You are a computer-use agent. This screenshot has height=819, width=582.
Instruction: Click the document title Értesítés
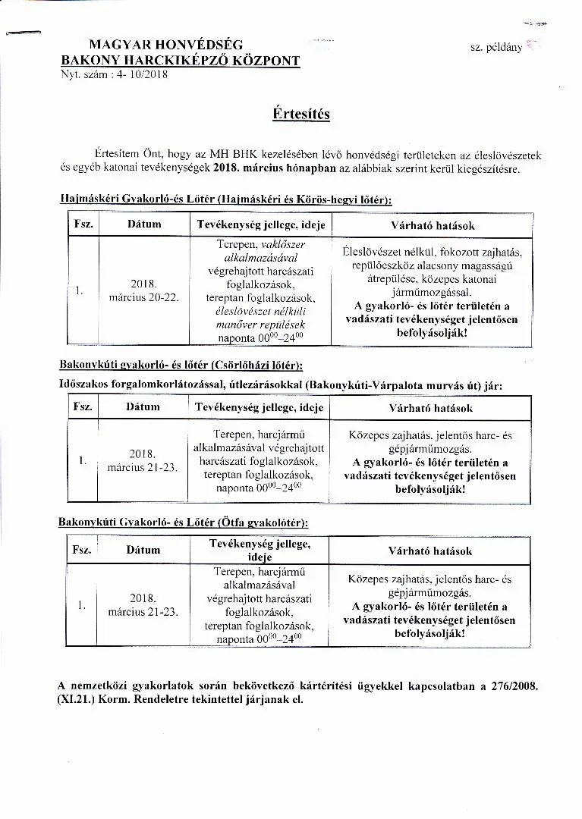click(x=300, y=114)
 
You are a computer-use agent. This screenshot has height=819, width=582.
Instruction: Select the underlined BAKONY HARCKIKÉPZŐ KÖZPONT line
click(x=181, y=61)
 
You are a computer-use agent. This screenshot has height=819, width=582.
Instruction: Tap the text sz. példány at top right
click(x=495, y=47)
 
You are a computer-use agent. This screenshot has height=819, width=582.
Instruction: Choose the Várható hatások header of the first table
click(x=432, y=225)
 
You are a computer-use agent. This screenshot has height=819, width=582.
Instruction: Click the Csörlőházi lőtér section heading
click(x=180, y=366)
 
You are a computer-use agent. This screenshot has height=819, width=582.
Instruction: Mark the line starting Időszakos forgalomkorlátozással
click(x=279, y=385)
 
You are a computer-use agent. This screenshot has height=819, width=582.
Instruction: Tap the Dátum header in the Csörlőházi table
click(x=143, y=407)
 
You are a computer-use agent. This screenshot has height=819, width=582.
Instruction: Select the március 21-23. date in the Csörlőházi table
click(x=142, y=467)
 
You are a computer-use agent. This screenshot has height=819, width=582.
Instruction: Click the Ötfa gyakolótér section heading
click(x=183, y=522)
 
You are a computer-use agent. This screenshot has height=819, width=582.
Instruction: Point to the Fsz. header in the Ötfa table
click(x=82, y=550)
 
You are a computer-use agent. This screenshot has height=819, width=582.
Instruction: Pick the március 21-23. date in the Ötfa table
click(x=143, y=610)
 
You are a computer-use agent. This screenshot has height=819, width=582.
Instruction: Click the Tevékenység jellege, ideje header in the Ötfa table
click(x=260, y=550)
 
